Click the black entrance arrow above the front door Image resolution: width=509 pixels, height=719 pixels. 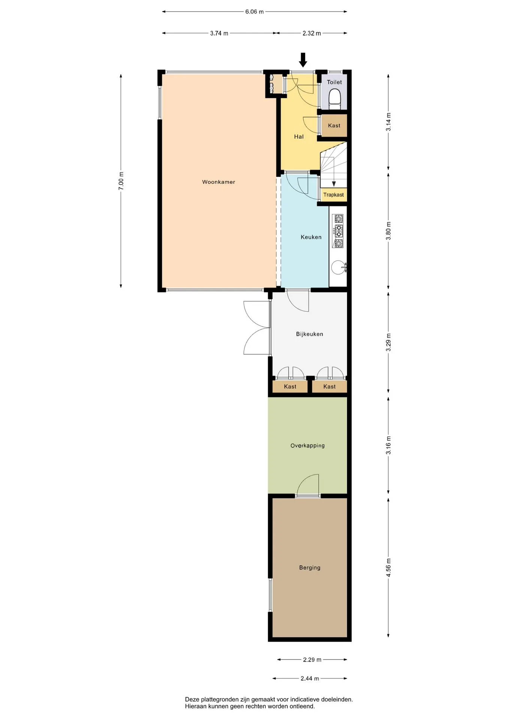click(x=303, y=60)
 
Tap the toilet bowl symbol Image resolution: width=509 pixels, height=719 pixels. click(x=334, y=99)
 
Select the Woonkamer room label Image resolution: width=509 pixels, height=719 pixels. click(x=219, y=182)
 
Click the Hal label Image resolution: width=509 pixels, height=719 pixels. click(x=299, y=137)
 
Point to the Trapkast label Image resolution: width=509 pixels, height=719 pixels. click(x=334, y=195)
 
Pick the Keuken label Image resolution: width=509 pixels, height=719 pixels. click(x=311, y=237)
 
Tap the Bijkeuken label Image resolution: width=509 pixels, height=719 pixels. click(x=310, y=334)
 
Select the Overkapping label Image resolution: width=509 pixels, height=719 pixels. click(x=307, y=446)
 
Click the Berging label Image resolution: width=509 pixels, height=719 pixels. click(x=310, y=568)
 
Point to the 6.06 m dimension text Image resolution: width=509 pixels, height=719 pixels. click(x=254, y=12)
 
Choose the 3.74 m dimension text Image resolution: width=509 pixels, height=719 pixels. click(x=219, y=33)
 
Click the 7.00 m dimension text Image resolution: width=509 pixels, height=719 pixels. click(x=121, y=180)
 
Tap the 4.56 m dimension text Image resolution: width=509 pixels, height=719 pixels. click(x=388, y=567)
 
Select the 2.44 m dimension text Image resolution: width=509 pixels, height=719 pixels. click(x=310, y=679)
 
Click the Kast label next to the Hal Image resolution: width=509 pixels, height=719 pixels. click(x=334, y=125)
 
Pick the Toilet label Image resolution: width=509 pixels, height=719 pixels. click(x=334, y=82)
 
